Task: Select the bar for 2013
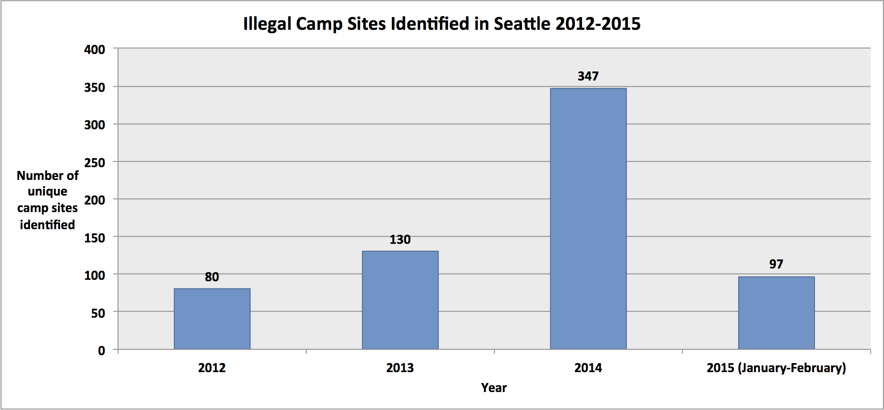tap(400, 300)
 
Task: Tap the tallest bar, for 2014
tap(588, 219)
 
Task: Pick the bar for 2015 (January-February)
tap(776, 313)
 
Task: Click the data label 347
tap(588, 76)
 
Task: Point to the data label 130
tap(400, 240)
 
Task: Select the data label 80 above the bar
tap(212, 277)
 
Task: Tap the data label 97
tap(776, 264)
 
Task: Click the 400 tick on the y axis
tap(95, 50)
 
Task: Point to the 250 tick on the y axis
tap(95, 163)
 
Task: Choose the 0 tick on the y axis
tap(102, 351)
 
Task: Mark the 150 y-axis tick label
tap(95, 238)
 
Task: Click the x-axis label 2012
tap(212, 368)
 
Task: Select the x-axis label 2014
tap(588, 368)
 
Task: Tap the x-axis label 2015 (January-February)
tap(776, 368)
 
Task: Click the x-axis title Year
tap(494, 388)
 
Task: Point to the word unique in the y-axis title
tap(47, 192)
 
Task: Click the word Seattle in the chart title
tap(522, 24)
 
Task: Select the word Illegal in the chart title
tap(267, 24)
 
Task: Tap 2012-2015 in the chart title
tap(598, 24)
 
